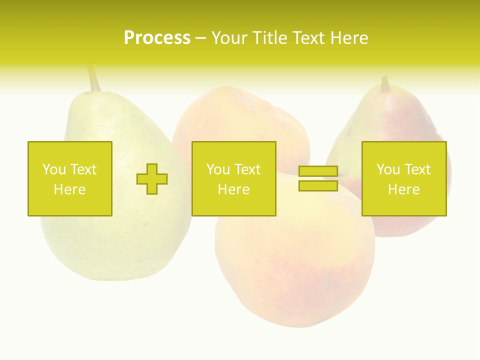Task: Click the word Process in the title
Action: point(157,38)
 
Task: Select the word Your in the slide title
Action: point(230,38)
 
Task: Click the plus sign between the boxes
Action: point(152,179)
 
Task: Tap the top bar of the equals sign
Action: point(318,171)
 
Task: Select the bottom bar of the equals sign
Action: point(318,185)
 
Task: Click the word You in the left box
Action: point(54,169)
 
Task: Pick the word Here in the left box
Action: point(69,189)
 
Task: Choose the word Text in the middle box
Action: point(247,169)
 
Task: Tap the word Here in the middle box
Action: point(233,189)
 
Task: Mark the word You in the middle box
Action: point(218,169)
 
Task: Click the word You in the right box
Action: point(388,169)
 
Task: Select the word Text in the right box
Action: point(417,169)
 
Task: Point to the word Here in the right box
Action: point(403,189)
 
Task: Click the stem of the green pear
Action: point(93,78)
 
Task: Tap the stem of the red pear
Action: point(385,84)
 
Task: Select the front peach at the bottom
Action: point(295,270)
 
